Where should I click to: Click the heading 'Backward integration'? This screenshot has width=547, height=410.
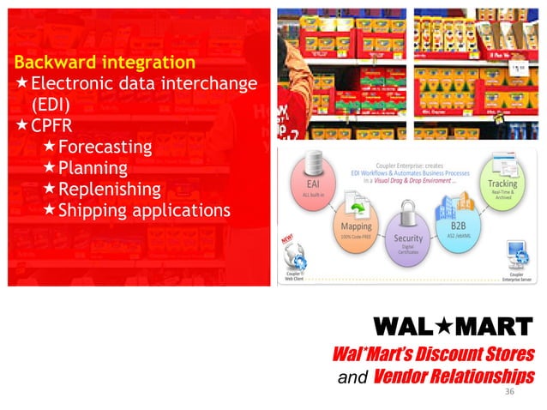(x=104, y=63)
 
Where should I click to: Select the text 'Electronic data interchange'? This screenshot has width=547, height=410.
(x=144, y=84)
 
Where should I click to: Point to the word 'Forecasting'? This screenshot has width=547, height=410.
(x=105, y=147)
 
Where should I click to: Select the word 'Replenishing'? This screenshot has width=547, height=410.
(x=109, y=189)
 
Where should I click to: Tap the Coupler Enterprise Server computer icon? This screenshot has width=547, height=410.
(x=518, y=254)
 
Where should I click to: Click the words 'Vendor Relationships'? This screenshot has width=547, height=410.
(x=454, y=375)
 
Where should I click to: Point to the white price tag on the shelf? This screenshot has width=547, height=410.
(x=519, y=69)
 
